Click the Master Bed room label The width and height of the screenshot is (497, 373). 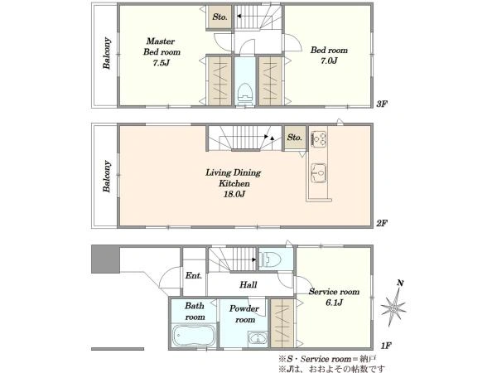tap(162, 46)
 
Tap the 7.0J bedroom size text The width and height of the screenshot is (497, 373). tap(329, 61)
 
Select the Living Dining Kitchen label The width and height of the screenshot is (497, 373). tap(234, 178)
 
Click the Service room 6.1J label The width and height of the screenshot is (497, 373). tap(334, 297)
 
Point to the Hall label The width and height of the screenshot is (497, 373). tap(248, 284)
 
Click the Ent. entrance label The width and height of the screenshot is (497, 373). tap(194, 276)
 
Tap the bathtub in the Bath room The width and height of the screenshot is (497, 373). tap(194, 336)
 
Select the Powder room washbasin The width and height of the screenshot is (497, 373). tap(258, 338)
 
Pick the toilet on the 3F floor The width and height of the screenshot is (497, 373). tap(244, 93)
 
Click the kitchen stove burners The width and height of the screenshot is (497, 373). tap(319, 139)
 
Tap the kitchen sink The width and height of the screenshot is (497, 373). tap(319, 173)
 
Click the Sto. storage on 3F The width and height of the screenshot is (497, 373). tap(220, 17)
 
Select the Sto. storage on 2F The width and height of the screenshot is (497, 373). tap(294, 138)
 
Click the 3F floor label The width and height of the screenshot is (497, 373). tap(382, 104)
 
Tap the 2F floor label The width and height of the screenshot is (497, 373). tap(382, 223)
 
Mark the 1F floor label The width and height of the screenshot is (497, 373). tap(386, 346)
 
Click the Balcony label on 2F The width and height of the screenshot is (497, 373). tap(107, 177)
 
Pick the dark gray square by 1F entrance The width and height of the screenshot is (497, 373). tap(105, 259)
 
